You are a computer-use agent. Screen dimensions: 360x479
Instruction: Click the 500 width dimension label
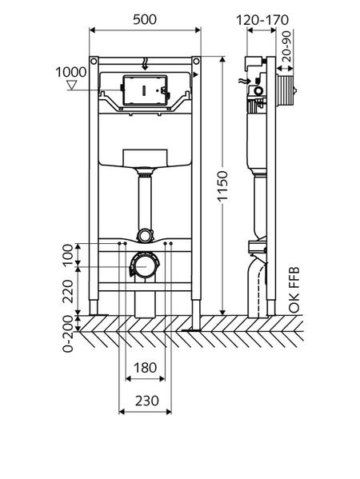[145, 19]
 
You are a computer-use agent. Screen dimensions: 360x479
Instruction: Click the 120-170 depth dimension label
[262, 20]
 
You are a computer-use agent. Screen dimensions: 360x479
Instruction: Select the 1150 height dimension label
[223, 186]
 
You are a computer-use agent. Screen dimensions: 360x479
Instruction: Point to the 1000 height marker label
[70, 73]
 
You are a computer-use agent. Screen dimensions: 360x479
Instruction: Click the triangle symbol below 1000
[72, 85]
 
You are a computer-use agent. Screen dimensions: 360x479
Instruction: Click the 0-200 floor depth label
[68, 333]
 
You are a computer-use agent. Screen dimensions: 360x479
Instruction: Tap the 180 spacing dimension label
[145, 368]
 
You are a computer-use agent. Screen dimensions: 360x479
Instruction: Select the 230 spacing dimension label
[147, 401]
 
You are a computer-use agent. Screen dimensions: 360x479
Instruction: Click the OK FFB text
[294, 290]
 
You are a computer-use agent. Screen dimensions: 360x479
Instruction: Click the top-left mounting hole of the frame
[94, 62]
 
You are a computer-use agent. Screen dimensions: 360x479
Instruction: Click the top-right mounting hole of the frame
[196, 62]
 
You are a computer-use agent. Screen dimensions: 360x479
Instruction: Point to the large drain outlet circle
[145, 265]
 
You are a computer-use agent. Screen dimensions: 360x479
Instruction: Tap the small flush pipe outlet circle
[144, 236]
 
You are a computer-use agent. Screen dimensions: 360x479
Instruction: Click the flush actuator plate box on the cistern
[146, 90]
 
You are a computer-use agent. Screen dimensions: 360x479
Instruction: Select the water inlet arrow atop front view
[145, 63]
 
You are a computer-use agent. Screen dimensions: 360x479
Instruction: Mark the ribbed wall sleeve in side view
[285, 90]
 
